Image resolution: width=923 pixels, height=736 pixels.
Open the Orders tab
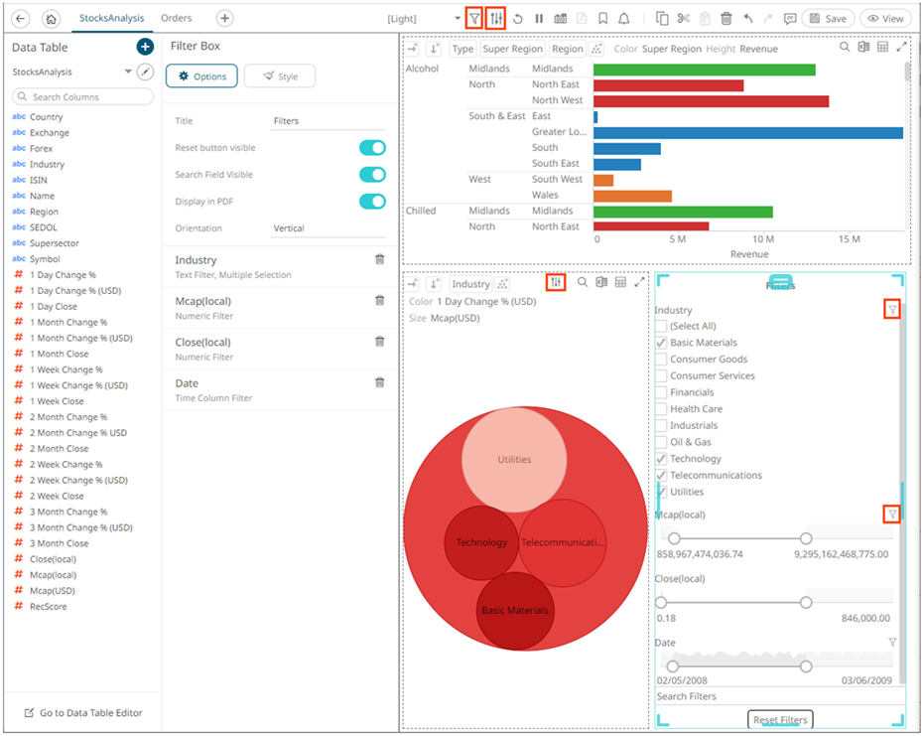pos(177,18)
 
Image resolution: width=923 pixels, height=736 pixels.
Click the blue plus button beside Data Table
pos(145,47)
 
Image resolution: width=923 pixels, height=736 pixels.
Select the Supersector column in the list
pos(55,243)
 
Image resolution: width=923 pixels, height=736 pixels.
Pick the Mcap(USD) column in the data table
pos(53,591)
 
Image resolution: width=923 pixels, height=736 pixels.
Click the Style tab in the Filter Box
pos(279,76)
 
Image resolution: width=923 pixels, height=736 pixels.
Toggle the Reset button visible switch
pos(372,148)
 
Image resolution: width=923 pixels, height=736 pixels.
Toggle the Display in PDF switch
pos(372,202)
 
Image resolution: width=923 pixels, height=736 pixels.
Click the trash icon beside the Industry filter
pos(379,259)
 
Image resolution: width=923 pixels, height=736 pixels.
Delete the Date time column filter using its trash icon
pos(379,382)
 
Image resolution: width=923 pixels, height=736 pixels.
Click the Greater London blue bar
pos(747,132)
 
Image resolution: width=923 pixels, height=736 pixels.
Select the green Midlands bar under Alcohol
pos(704,70)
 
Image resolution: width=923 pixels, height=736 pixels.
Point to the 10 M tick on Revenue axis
pos(763,239)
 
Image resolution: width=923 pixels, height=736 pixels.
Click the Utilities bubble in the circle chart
pos(514,459)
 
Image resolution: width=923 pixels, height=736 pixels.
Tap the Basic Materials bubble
pos(514,610)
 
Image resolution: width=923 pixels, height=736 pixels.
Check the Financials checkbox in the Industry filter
pos(661,392)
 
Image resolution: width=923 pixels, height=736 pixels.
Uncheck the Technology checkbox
pos(661,459)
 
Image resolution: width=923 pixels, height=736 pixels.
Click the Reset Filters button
pos(780,720)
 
